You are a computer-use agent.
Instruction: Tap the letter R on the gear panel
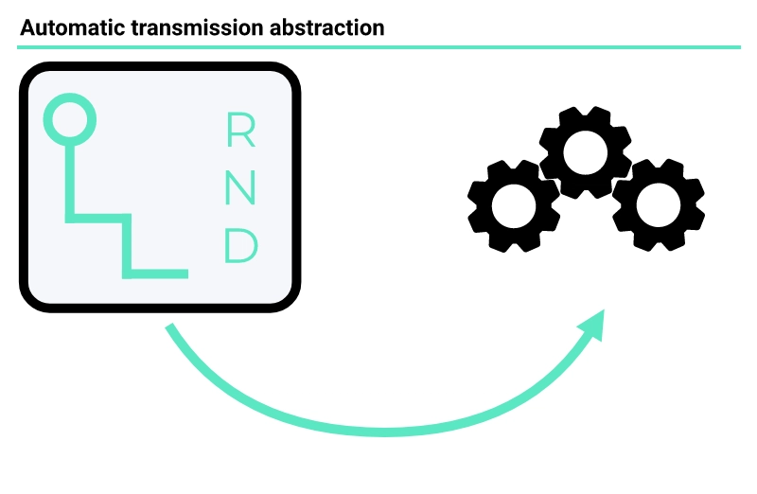(240, 131)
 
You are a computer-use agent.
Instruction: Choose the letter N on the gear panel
(240, 188)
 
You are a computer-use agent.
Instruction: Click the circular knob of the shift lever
(70, 118)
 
